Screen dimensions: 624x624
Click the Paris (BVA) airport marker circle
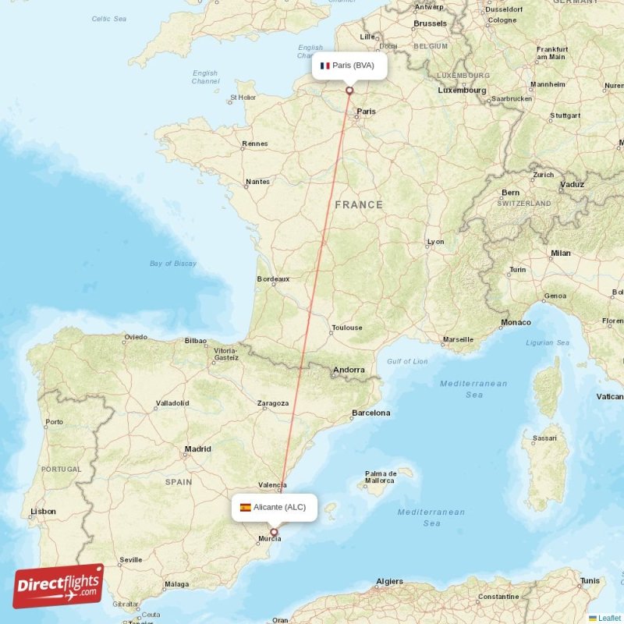pyautogui.click(x=349, y=90)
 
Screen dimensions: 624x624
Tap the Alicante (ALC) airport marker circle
pyautogui.click(x=274, y=532)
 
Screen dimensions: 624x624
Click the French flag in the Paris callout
pyautogui.click(x=325, y=66)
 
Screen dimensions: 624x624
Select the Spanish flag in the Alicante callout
pyautogui.click(x=245, y=507)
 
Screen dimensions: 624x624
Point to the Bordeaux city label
pyautogui.click(x=273, y=278)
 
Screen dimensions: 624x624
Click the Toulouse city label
pyautogui.click(x=346, y=328)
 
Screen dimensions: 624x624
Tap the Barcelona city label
pyautogui.click(x=370, y=413)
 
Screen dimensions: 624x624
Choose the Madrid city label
pyautogui.click(x=197, y=448)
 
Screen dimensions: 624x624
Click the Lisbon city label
pyautogui.click(x=43, y=512)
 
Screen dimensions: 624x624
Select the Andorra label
pyautogui.click(x=349, y=370)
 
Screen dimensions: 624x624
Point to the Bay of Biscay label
pyautogui.click(x=173, y=264)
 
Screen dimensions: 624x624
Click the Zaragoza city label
pyautogui.click(x=273, y=403)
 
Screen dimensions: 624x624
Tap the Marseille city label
pyautogui.click(x=457, y=339)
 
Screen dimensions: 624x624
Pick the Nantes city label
pyautogui.click(x=257, y=182)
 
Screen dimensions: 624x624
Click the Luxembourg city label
pyautogui.click(x=462, y=90)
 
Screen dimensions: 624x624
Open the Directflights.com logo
pyautogui.click(x=58, y=586)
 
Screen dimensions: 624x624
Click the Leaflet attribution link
pyautogui.click(x=608, y=618)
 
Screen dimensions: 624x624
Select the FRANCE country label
pyautogui.click(x=359, y=204)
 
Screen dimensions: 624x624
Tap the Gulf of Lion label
pyautogui.click(x=407, y=361)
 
